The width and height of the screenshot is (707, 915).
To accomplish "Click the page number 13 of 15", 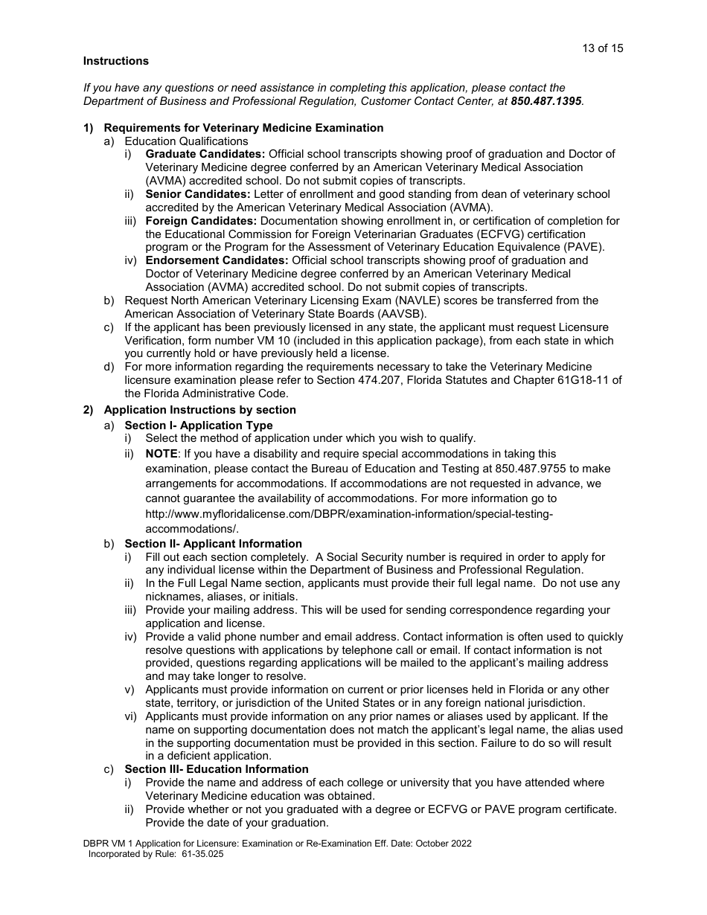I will click(602, 48).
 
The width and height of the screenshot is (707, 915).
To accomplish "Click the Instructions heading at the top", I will click(115, 61).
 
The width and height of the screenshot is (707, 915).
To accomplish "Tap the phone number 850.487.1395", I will click(547, 100).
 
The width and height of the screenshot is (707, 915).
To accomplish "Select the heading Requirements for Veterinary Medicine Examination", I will click(243, 128).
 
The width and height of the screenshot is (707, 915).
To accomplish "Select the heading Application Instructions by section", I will click(199, 410).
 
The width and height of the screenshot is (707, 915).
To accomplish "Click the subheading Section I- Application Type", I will click(199, 426).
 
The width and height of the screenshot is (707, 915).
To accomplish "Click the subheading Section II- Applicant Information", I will click(213, 544).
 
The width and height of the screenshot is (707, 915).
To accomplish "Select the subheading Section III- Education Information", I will click(216, 769).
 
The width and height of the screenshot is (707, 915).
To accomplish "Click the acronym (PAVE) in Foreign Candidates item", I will click(583, 247).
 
